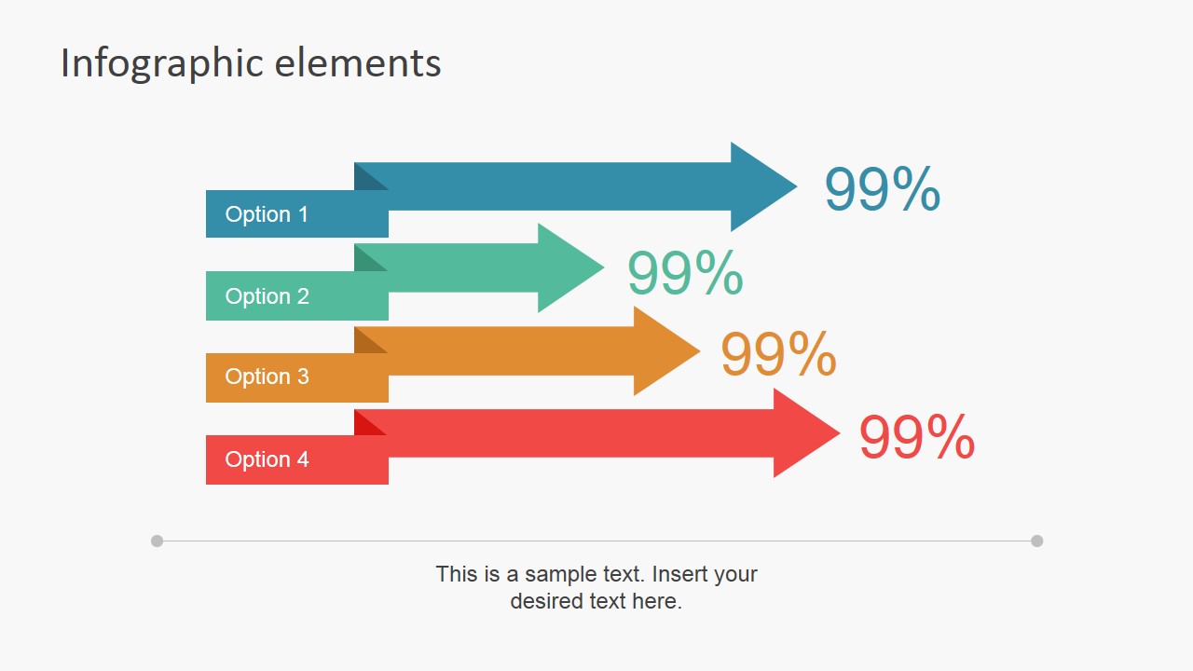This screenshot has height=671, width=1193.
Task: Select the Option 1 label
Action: click(x=267, y=214)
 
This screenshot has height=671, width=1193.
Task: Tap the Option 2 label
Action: click(x=267, y=296)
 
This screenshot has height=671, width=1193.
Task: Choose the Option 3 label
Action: click(x=267, y=377)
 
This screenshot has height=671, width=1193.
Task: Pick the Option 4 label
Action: click(x=267, y=459)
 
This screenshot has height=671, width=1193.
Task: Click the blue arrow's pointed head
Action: click(x=760, y=186)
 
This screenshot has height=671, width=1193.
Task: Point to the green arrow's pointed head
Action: click(x=567, y=267)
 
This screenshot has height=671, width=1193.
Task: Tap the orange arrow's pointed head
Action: click(x=663, y=350)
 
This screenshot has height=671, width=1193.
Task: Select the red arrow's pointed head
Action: click(x=802, y=433)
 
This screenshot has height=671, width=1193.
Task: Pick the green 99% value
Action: click(x=685, y=273)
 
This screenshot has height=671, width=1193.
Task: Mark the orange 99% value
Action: click(x=778, y=355)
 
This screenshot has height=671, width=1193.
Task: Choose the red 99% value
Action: click(x=916, y=437)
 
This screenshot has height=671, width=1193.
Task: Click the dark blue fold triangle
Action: click(x=365, y=179)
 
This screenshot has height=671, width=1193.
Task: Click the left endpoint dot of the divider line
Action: click(x=157, y=541)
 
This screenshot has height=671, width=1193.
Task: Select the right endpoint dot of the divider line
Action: click(x=1036, y=541)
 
